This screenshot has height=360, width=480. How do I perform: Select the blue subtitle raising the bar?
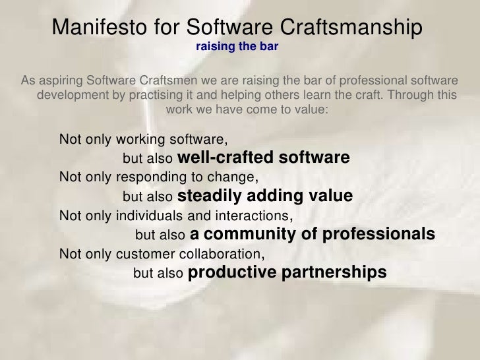[237, 47]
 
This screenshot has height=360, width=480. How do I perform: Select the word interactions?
[252, 216]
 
